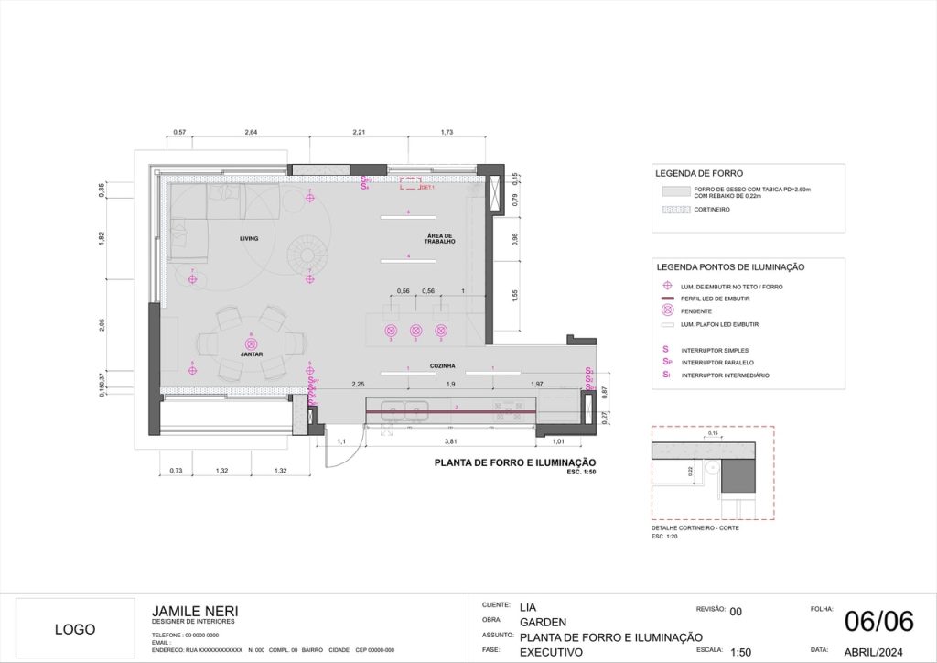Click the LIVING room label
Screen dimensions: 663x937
point(249,238)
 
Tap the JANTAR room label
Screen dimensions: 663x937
point(252,353)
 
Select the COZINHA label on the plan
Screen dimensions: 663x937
point(443,365)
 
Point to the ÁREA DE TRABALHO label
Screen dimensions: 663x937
point(440,238)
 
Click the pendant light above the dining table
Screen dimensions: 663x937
point(252,342)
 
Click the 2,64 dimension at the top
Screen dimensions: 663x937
point(251,134)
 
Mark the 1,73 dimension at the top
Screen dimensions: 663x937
point(447,134)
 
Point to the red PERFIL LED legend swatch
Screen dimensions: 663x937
point(666,299)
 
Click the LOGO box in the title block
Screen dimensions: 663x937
point(75,629)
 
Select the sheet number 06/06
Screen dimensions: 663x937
point(878,621)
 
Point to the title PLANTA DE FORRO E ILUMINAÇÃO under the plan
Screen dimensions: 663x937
point(515,462)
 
